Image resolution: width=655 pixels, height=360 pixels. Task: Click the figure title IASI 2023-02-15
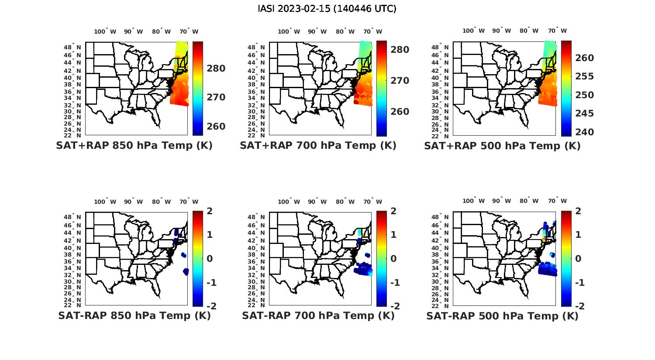pyautogui.click(x=327, y=9)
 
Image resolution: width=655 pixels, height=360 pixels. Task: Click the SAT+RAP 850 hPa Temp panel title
pyautogui.click(x=134, y=145)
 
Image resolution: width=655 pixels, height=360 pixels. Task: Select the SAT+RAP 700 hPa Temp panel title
pyautogui.click(x=318, y=145)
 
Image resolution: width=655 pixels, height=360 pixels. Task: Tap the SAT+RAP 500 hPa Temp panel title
pyautogui.click(x=502, y=146)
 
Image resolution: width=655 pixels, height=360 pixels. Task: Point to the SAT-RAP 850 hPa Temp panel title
pyautogui.click(x=134, y=315)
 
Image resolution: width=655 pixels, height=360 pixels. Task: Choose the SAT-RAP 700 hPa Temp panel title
pyautogui.click(x=318, y=315)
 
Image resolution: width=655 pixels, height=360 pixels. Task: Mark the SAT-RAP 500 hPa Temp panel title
pyautogui.click(x=502, y=316)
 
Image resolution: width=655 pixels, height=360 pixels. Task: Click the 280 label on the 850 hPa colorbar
pyautogui.click(x=216, y=69)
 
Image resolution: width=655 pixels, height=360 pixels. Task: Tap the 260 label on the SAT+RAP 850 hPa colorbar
pyautogui.click(x=216, y=127)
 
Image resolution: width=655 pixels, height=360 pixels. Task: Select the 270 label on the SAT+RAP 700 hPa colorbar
pyautogui.click(x=400, y=81)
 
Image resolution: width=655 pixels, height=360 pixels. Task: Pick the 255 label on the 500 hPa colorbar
pyautogui.click(x=584, y=76)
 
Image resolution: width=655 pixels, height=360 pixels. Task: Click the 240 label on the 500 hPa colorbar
pyautogui.click(x=584, y=132)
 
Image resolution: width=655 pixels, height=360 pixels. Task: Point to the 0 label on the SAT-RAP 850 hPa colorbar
pyautogui.click(x=210, y=258)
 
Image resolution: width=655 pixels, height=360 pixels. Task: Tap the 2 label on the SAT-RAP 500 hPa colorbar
pyautogui.click(x=579, y=211)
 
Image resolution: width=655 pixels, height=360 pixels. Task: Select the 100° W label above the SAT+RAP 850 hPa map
pyautogui.click(x=105, y=31)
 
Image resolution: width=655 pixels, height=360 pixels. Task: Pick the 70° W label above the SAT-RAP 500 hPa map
pyautogui.click(x=557, y=201)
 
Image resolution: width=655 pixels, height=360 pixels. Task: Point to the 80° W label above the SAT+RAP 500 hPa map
pyautogui.click(x=529, y=31)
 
